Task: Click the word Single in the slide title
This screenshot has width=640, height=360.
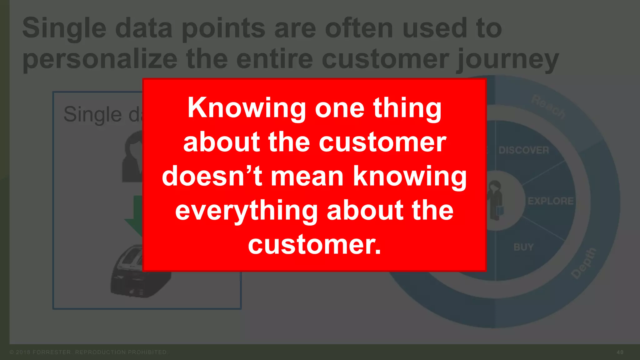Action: click(x=64, y=28)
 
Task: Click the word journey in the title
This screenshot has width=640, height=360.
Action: click(x=507, y=59)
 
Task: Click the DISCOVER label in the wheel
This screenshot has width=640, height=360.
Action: click(x=523, y=150)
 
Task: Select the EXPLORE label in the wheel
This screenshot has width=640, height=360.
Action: click(x=550, y=201)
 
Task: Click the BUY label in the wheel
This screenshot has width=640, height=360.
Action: click(x=523, y=247)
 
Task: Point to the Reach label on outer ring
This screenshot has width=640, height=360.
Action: click(x=548, y=106)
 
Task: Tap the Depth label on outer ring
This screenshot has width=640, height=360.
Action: click(x=584, y=263)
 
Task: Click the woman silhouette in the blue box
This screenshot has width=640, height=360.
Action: click(x=133, y=156)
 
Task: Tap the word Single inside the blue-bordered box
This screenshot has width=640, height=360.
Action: click(x=92, y=114)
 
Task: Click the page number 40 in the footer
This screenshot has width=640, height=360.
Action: click(x=620, y=352)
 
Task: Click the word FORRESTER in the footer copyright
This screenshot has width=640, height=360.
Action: click(x=52, y=352)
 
